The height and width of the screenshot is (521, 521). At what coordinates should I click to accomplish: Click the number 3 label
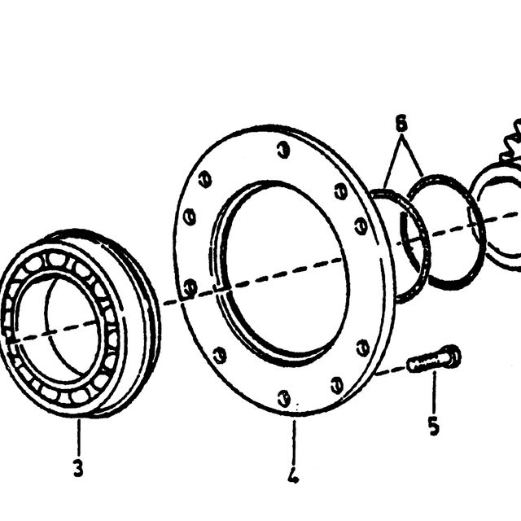pos(78,469)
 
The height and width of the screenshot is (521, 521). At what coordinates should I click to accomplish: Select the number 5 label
pos(434,426)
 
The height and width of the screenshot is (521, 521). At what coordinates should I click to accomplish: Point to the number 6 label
pos(401,123)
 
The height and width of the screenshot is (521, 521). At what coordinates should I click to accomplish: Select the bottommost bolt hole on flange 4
pos(284,399)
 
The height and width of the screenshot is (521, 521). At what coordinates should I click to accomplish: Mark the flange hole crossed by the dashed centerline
pos(190,287)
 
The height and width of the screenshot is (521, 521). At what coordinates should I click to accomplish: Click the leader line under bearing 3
pos(79,437)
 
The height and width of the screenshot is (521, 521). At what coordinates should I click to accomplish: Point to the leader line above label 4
pos(294,442)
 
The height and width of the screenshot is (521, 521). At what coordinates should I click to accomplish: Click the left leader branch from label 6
pos(392,161)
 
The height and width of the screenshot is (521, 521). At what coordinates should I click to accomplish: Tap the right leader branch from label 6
pos(413,155)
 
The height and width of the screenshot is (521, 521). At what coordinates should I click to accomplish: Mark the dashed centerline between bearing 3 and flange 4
pos(173,300)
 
